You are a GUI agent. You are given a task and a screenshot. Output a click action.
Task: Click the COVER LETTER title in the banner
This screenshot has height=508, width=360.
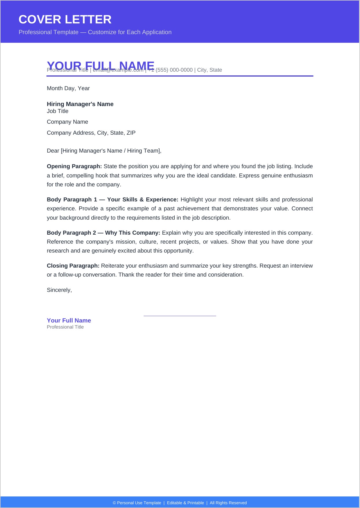pyautogui.click(x=65, y=20)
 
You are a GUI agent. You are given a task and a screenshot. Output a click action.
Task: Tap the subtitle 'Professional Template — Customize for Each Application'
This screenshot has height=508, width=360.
pyautogui.click(x=95, y=32)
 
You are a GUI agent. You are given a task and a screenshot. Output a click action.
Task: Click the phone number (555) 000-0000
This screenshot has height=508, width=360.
pyautogui.click(x=174, y=70)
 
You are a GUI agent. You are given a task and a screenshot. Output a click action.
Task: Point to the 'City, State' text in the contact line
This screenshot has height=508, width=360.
pyautogui.click(x=210, y=70)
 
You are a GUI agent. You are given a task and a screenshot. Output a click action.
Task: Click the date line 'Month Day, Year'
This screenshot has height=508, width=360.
pyautogui.click(x=68, y=88)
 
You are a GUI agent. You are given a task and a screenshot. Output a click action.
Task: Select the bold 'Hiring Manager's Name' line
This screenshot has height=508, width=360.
pyautogui.click(x=80, y=104)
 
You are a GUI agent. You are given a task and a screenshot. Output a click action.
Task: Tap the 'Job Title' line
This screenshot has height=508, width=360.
pyautogui.click(x=58, y=111)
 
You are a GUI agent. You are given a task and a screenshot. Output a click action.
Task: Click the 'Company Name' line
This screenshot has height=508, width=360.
pyautogui.click(x=67, y=122)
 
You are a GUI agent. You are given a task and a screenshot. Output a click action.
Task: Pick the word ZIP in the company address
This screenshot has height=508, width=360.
pyautogui.click(x=131, y=133)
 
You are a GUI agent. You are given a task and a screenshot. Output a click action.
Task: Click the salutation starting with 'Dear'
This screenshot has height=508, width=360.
pyautogui.click(x=104, y=151)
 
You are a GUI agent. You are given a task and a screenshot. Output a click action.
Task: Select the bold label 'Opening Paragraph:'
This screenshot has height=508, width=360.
pyautogui.click(x=74, y=166)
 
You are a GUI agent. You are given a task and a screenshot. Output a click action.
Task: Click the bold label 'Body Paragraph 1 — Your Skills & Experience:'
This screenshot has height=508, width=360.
pyautogui.click(x=112, y=200)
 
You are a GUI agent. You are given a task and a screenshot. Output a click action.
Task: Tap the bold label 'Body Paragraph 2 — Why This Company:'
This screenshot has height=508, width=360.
pyautogui.click(x=104, y=233)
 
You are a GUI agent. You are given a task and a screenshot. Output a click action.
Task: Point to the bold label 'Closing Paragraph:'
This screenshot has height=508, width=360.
pyautogui.click(x=73, y=266)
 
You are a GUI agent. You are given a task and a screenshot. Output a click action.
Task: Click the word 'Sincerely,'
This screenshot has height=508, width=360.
pyautogui.click(x=59, y=290)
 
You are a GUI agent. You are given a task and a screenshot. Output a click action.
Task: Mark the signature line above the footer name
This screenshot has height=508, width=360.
pyautogui.click(x=180, y=316)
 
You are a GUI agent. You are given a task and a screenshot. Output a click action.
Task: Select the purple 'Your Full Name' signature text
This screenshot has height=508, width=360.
pyautogui.click(x=69, y=320)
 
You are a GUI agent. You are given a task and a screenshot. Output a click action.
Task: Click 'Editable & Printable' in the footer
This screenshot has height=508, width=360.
pyautogui.click(x=185, y=503)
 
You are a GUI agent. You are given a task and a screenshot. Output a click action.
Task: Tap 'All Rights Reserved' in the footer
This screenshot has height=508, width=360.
pyautogui.click(x=228, y=503)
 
